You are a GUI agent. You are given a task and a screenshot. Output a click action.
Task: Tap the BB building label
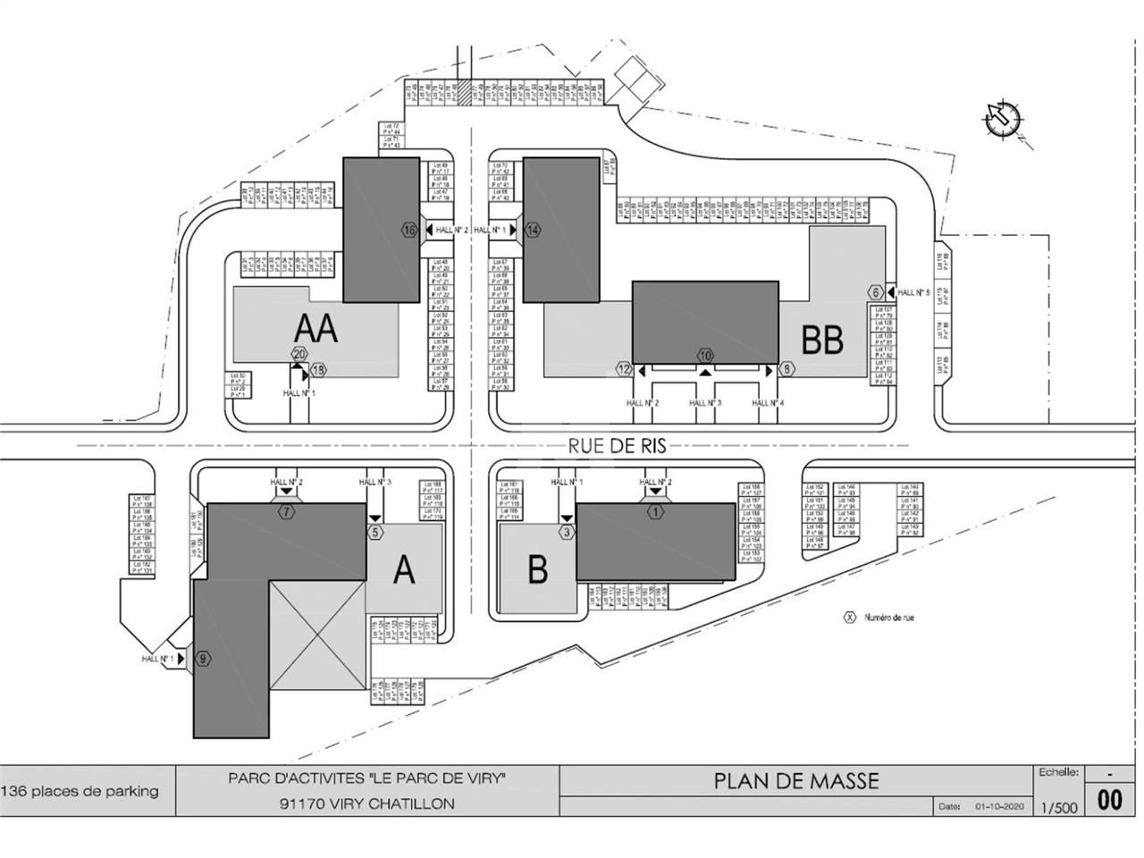[821, 340]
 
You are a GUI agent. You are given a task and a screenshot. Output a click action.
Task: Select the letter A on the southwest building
[404, 569]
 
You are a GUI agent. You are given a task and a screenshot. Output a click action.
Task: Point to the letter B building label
[536, 569]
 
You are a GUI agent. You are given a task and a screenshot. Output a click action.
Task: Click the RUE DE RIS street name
[618, 445]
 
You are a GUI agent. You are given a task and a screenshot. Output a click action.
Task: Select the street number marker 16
[410, 230]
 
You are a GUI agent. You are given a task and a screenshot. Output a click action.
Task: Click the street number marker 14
[533, 230]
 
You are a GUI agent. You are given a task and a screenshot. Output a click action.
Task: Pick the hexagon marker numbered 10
[705, 353]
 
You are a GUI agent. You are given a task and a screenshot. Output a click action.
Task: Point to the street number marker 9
[204, 659]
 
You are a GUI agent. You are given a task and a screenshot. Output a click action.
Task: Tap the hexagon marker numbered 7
[286, 512]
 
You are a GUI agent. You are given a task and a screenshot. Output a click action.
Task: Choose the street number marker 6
[876, 292]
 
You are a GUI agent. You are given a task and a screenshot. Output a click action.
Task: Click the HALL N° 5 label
[914, 292]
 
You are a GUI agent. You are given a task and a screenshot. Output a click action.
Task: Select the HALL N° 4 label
[768, 404]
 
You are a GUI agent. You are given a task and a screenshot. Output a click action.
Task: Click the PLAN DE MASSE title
[795, 781]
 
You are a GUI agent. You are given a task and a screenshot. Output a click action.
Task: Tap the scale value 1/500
[1059, 807]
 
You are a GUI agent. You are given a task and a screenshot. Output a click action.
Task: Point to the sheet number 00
[1109, 800]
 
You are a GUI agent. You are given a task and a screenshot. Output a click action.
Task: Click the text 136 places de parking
[80, 791]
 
